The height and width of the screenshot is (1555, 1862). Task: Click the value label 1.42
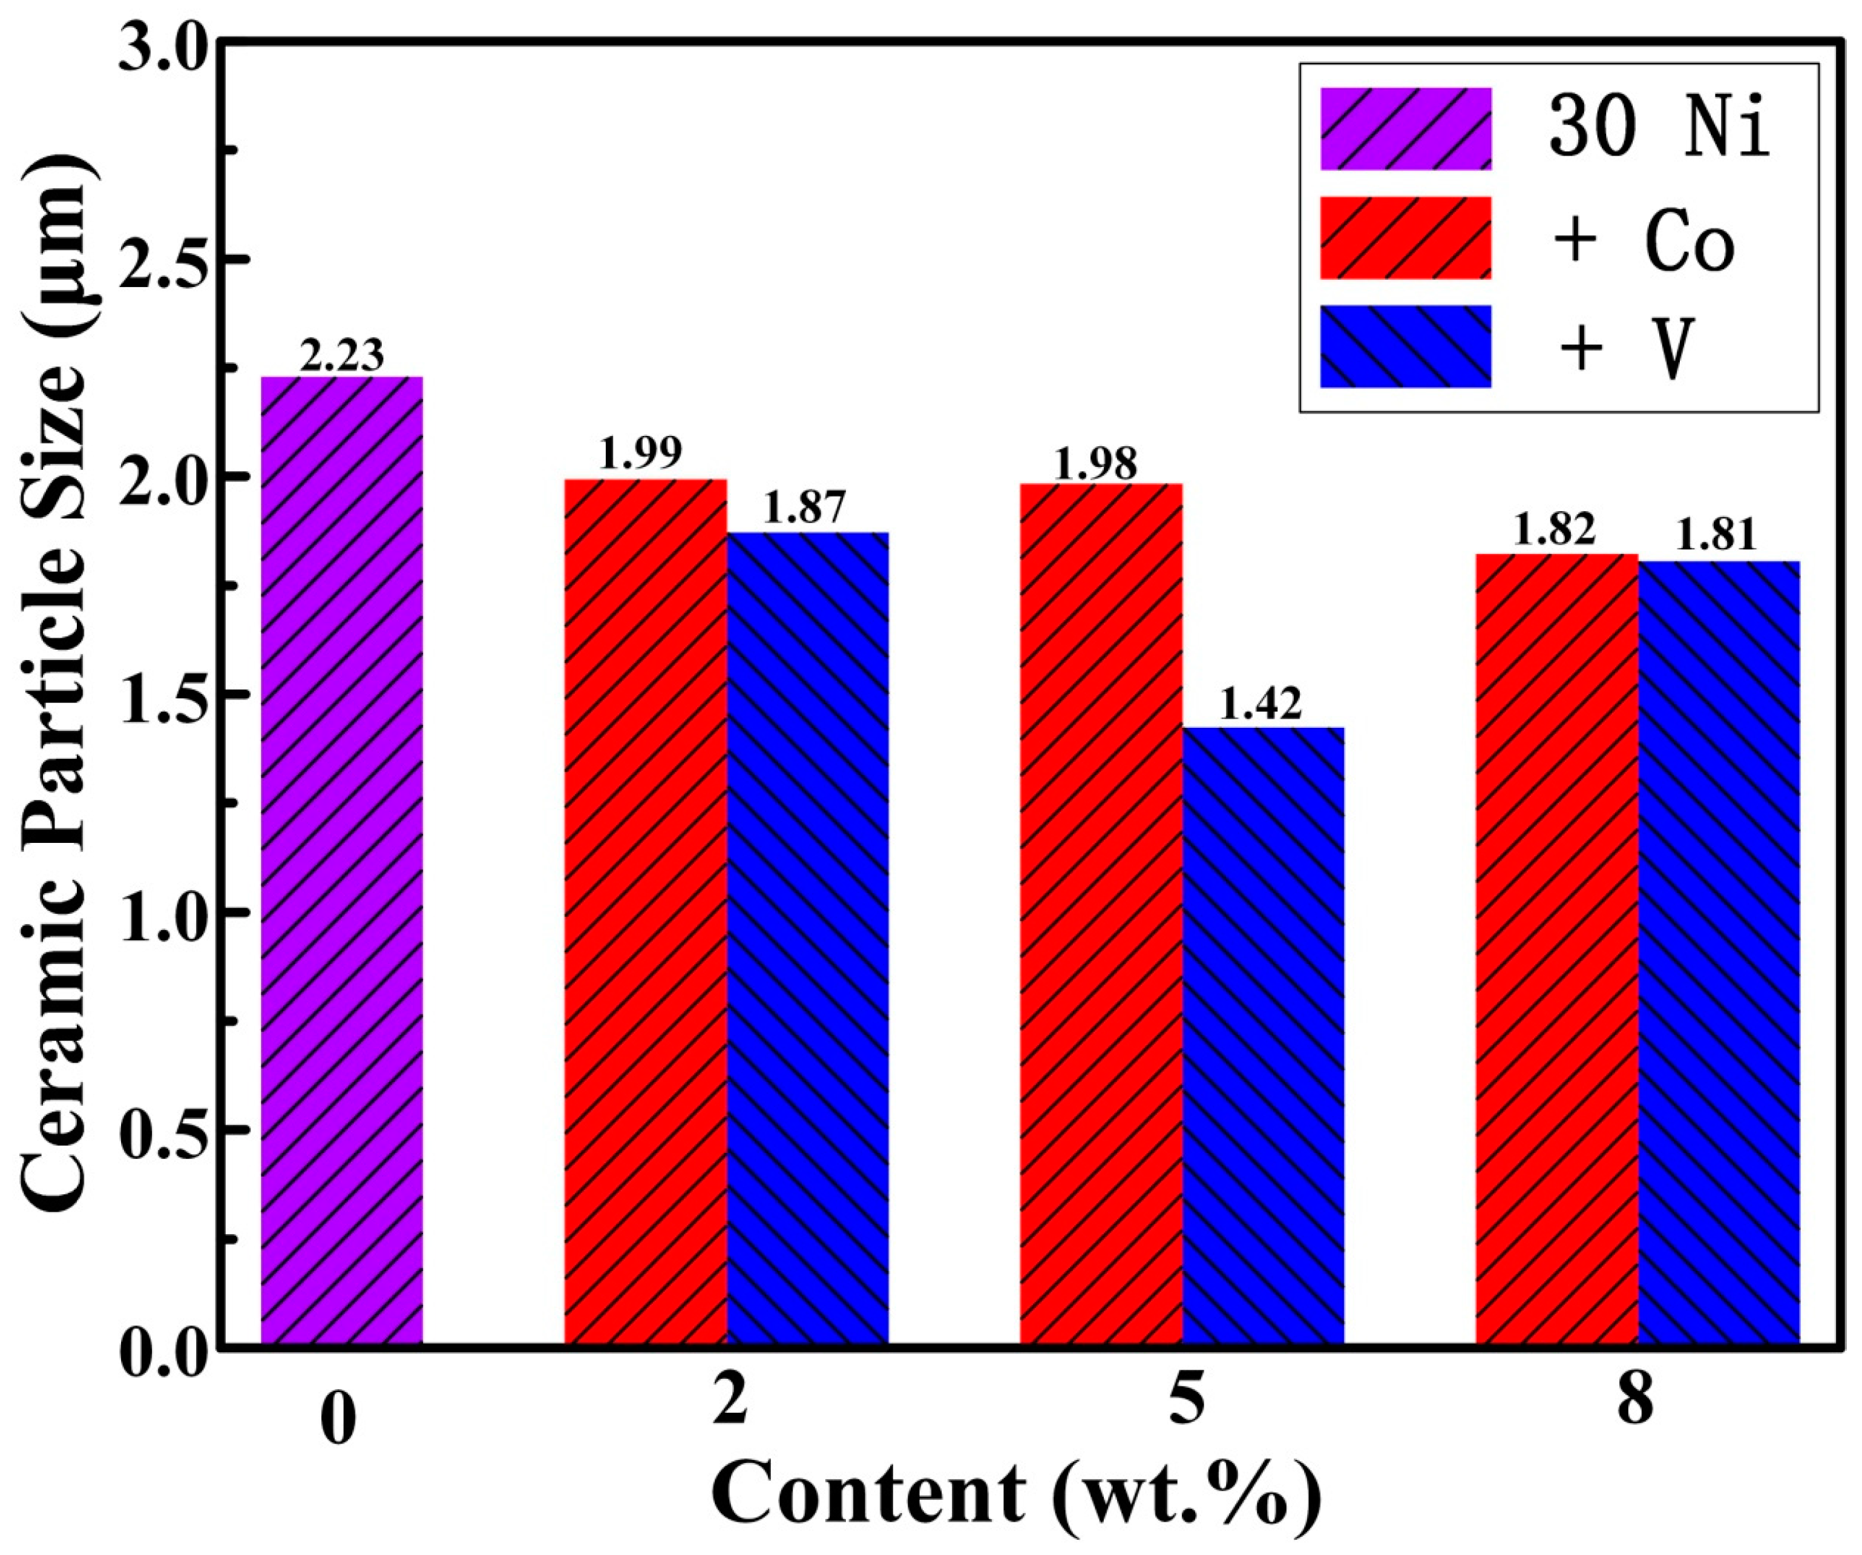pos(1261,705)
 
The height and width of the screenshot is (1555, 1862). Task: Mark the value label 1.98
pos(1096,463)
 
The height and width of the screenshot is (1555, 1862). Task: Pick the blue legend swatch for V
pos(1405,346)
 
